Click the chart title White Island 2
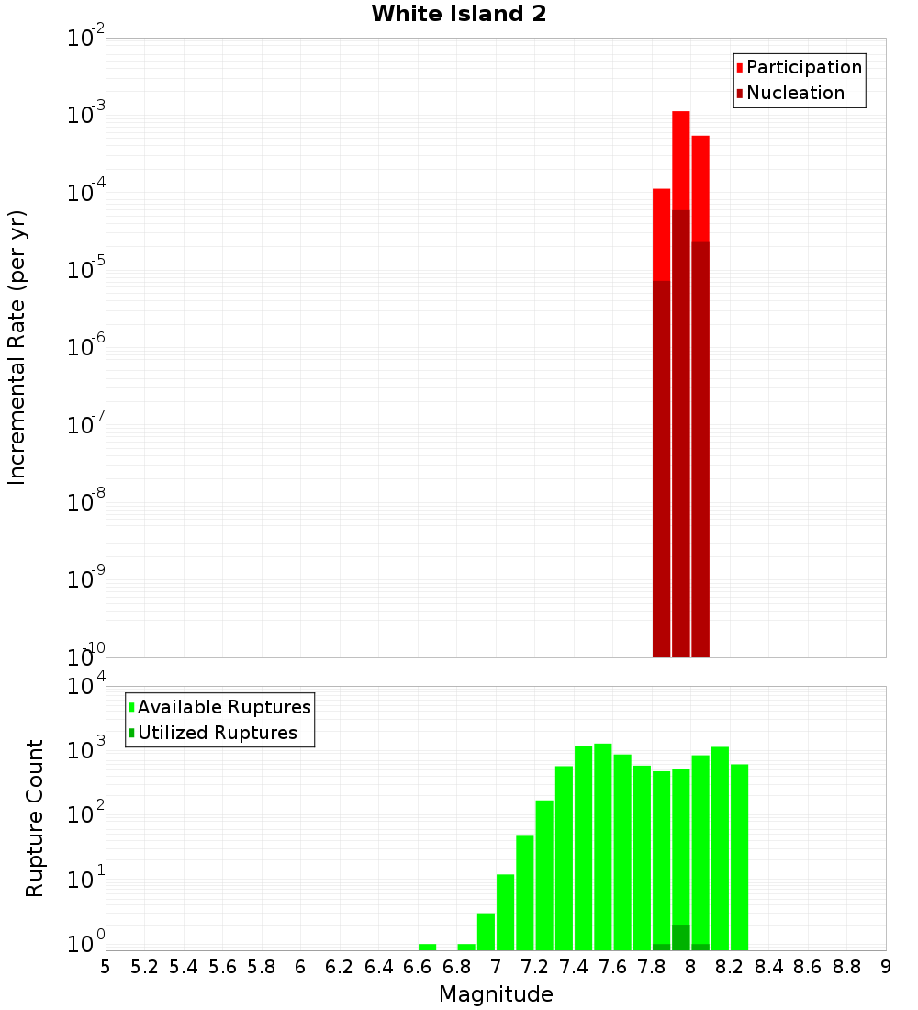click(x=458, y=14)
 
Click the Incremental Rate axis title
click(x=17, y=348)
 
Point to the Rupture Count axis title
click(x=35, y=817)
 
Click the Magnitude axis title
click(x=496, y=994)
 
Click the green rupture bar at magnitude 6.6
click(x=427, y=947)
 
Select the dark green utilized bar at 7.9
click(x=680, y=937)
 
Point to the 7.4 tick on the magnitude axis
click(x=574, y=967)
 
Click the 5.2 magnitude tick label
click(x=144, y=967)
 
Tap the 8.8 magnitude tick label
click(x=846, y=967)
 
